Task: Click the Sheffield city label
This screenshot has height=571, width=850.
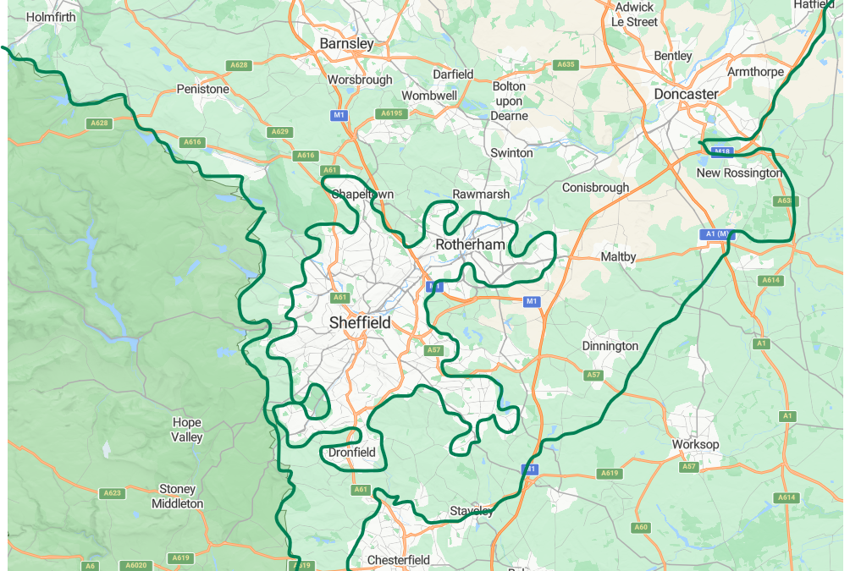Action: [360, 323]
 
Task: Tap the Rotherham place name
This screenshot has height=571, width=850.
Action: [470, 244]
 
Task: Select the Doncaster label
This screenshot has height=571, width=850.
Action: [686, 94]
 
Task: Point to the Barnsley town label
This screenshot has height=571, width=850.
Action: [346, 43]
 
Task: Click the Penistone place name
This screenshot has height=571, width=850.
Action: [202, 89]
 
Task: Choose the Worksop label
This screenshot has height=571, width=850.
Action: [695, 444]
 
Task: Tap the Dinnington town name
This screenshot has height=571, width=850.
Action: [610, 346]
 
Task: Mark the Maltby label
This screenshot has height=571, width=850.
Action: [618, 256]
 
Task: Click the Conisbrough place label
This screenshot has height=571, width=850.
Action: [595, 187]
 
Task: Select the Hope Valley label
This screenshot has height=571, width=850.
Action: [187, 430]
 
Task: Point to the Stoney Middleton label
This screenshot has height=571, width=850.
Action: [177, 497]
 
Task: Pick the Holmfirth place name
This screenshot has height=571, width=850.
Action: [51, 17]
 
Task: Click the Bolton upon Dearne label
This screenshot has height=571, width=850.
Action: [509, 101]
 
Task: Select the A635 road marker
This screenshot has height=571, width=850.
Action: [566, 64]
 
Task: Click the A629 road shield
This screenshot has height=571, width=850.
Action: [279, 132]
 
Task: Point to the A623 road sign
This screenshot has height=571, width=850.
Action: [112, 492]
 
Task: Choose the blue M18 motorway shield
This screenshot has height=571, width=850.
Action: [721, 152]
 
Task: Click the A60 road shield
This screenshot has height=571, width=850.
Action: [640, 528]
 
